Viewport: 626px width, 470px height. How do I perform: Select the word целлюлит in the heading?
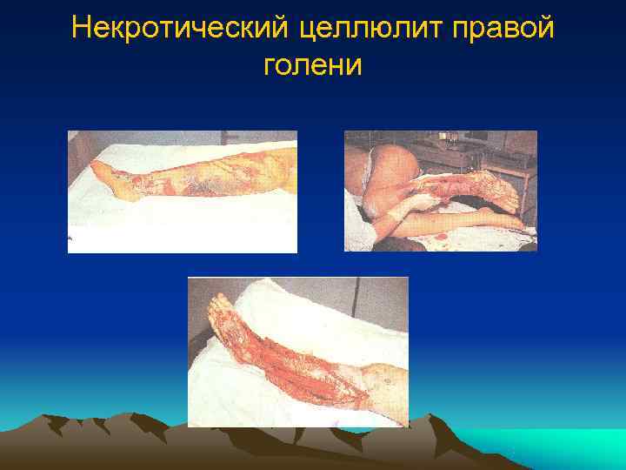pyautogui.click(x=356, y=30)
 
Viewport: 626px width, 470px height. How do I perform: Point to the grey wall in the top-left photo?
pyautogui.click(x=174, y=139)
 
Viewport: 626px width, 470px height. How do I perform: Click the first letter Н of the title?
pyautogui.click(x=81, y=30)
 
